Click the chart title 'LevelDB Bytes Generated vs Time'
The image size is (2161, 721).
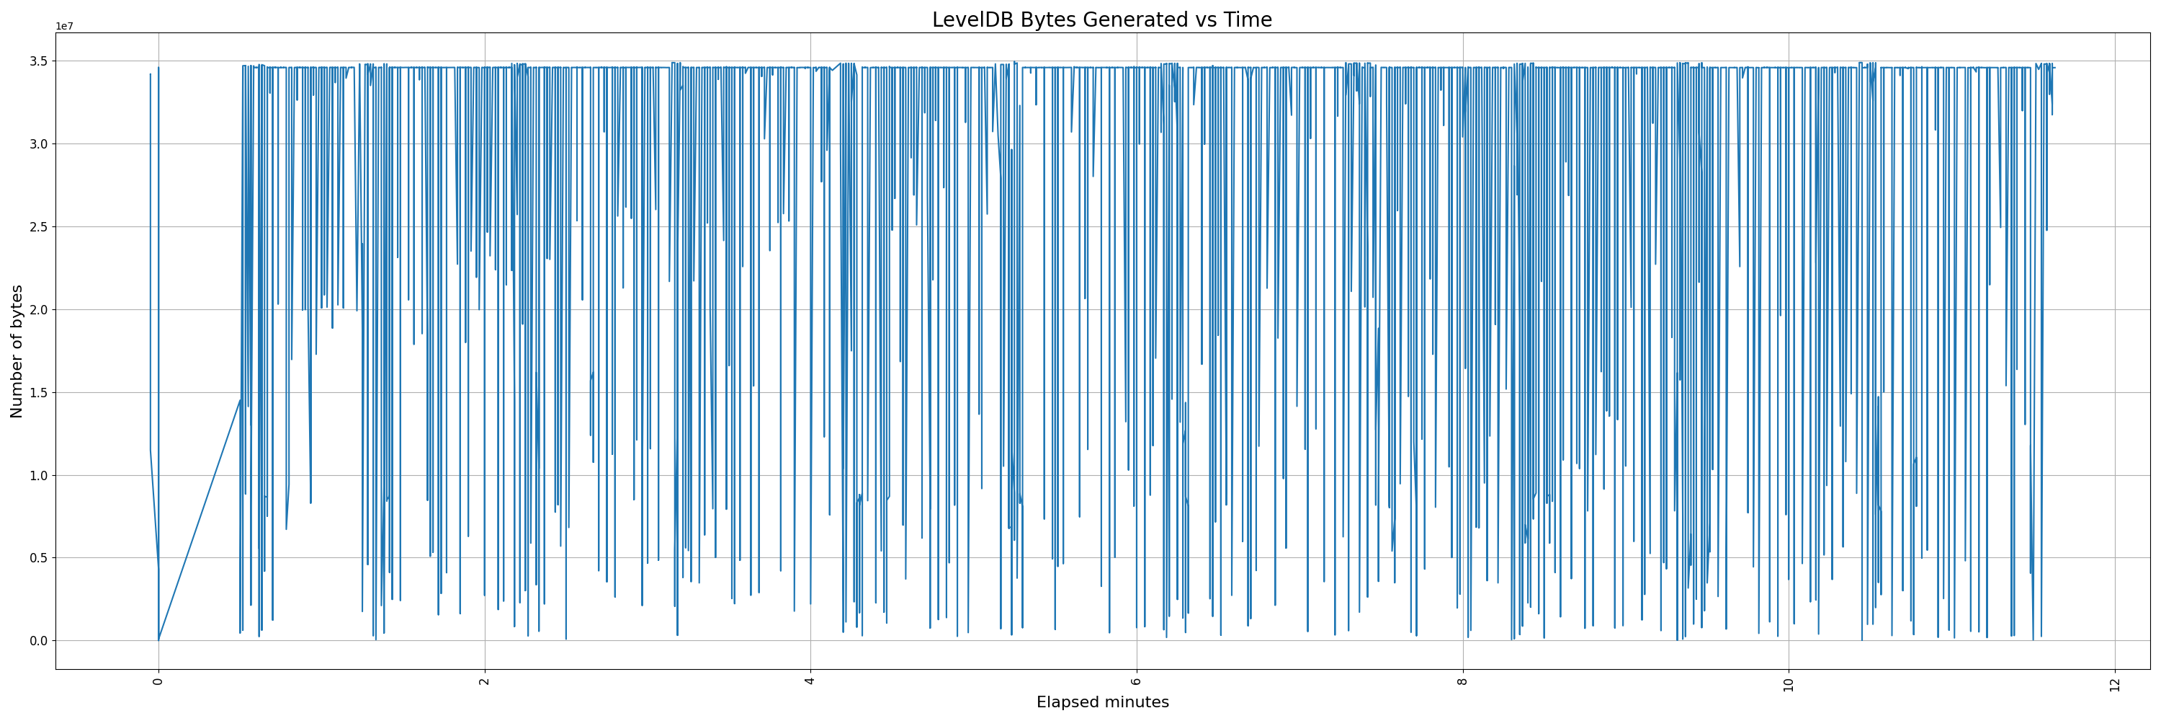click(1101, 19)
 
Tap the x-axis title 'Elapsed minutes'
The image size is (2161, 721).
click(1102, 702)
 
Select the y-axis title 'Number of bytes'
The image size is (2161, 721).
click(17, 351)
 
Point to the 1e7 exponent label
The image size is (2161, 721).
click(65, 27)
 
